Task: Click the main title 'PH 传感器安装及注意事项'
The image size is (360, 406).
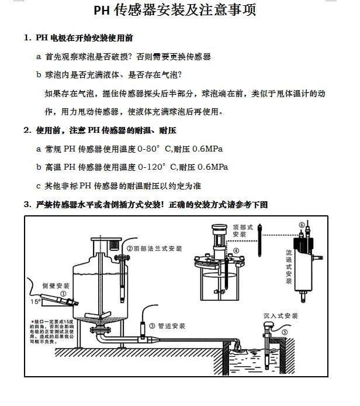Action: (x=175, y=11)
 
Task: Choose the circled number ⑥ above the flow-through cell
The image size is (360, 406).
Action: (x=302, y=225)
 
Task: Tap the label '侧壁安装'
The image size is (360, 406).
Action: (x=56, y=285)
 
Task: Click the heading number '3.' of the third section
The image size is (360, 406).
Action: (x=27, y=204)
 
